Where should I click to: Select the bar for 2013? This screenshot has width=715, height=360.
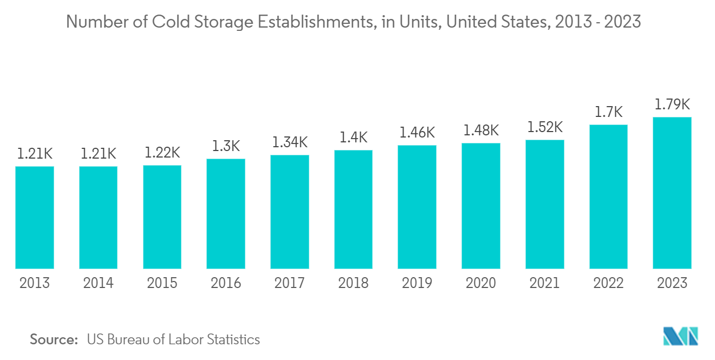click(35, 217)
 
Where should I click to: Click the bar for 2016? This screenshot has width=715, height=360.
click(226, 213)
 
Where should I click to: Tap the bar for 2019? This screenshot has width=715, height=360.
click(417, 207)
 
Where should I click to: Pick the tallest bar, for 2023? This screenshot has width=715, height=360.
click(672, 193)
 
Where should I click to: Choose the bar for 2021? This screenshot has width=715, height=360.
click(544, 204)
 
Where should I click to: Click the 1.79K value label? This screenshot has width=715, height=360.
click(672, 104)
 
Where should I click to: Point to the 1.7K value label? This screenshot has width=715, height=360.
click(608, 112)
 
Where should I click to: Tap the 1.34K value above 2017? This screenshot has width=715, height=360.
click(290, 142)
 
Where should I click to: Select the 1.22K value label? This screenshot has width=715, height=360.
click(162, 153)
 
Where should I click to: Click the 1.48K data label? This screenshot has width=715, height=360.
click(481, 130)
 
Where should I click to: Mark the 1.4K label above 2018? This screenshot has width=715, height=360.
click(353, 138)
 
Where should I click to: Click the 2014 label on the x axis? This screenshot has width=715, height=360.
click(98, 283)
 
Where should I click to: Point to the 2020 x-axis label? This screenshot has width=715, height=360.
click(481, 283)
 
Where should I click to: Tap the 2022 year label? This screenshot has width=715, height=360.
click(608, 283)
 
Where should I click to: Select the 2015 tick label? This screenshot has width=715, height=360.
click(162, 283)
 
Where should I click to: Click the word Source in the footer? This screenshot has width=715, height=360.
click(54, 340)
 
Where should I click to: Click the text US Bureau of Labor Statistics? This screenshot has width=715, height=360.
click(173, 340)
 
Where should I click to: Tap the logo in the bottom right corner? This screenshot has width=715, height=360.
click(680, 336)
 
